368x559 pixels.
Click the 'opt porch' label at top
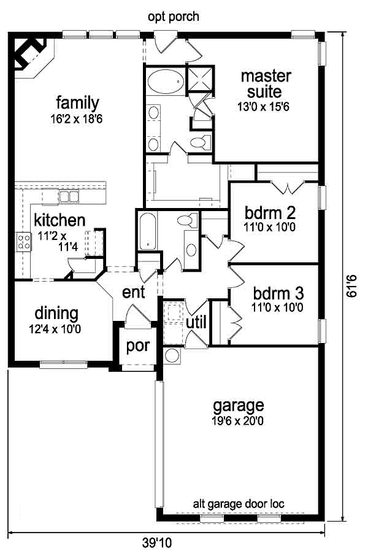pos(174,17)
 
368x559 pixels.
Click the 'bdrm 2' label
pos(270,213)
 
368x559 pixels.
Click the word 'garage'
pos(238,405)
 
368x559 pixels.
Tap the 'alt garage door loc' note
pos(239,504)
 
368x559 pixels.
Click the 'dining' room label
pos(56,314)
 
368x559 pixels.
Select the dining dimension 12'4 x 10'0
pos(56,328)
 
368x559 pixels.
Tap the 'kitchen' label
pos(59,220)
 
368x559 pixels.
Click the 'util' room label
pos(196,322)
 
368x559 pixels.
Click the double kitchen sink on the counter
pos(68,196)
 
